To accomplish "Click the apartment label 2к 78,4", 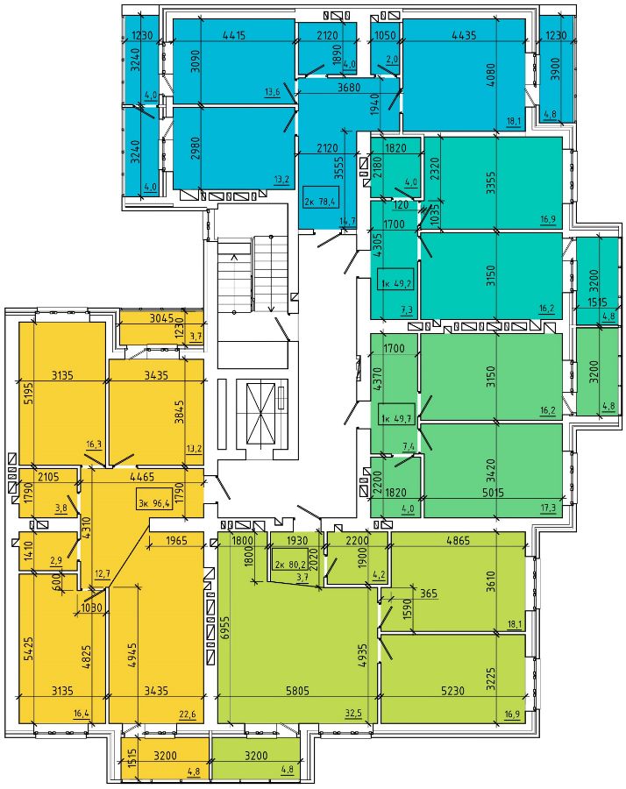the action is [322, 202].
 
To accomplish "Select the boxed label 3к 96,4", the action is [154, 501].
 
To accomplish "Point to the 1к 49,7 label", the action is [397, 417].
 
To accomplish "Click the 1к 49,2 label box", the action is [396, 283].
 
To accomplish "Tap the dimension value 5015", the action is [493, 493].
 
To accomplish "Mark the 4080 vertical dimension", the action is [492, 75].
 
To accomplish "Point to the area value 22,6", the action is [187, 713].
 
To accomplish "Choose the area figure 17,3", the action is [548, 508].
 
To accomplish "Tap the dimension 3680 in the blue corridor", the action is [349, 87].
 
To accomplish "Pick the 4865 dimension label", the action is [458, 540].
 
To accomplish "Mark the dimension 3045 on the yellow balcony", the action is [161, 318].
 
